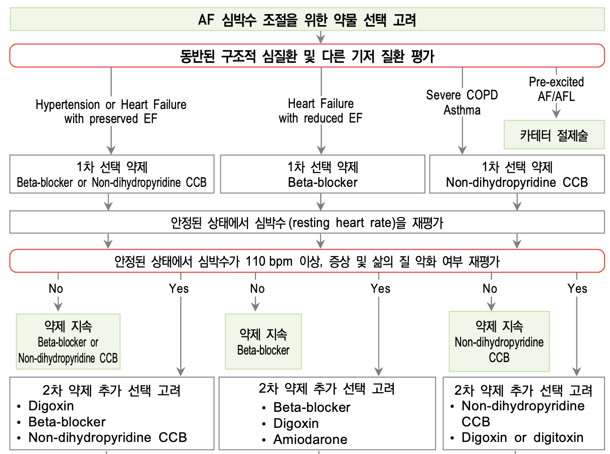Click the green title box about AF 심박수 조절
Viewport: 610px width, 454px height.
coord(307,20)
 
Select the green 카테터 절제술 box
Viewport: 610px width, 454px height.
coord(554,135)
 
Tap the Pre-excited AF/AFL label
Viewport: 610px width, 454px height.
coord(556,88)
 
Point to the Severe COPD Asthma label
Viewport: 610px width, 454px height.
coord(462,102)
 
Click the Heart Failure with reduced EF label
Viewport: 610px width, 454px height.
coord(321,111)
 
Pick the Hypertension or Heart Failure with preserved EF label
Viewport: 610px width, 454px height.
coord(111,111)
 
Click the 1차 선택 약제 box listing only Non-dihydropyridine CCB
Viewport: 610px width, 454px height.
coord(517,174)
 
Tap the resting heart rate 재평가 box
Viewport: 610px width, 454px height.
coord(307,222)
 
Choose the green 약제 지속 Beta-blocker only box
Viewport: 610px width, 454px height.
coord(263,342)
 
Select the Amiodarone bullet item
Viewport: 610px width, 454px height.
coord(310,439)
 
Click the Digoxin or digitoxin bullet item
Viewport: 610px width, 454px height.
coord(522,437)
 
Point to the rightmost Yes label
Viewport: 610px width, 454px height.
coord(577,288)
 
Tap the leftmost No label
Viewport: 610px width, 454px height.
coord(56,288)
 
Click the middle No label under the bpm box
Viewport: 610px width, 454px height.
coord(257,288)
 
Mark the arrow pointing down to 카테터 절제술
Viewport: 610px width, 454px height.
coord(556,112)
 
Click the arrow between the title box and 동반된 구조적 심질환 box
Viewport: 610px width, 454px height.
coord(321,37)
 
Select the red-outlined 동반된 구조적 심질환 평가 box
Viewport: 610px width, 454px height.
coord(307,56)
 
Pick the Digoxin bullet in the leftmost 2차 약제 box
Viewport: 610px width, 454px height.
coord(51,405)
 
